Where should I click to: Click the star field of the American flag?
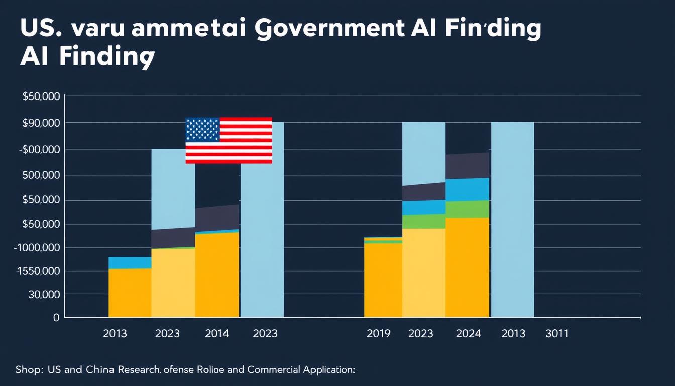click(x=202, y=130)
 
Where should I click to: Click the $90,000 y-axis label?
click(x=41, y=123)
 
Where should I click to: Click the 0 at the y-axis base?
click(x=56, y=318)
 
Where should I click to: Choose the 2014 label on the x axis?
click(x=217, y=333)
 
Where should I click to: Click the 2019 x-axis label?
click(x=379, y=333)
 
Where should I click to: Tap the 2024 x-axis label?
click(x=468, y=333)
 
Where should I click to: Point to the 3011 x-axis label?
click(x=556, y=333)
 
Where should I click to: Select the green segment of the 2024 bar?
click(x=467, y=209)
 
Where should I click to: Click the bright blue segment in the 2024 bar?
click(x=467, y=189)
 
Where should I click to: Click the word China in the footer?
click(x=100, y=370)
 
